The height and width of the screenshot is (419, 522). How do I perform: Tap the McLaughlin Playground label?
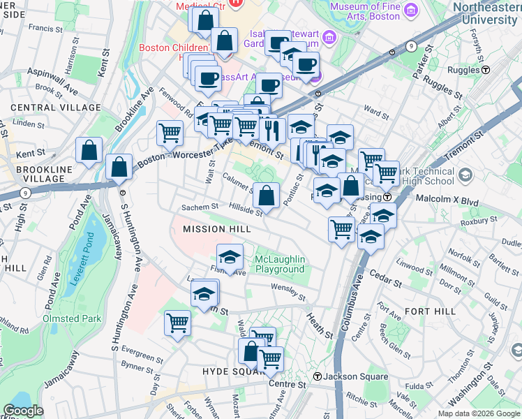click(280, 264)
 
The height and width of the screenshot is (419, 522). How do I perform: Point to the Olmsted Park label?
click(73, 318)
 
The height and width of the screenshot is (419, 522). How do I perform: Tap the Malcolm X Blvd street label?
click(451, 201)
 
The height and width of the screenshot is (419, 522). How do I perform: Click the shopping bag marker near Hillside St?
click(266, 196)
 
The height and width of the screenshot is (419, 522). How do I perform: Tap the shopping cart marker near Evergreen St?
click(178, 323)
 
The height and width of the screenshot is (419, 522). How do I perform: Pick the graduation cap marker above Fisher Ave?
click(230, 256)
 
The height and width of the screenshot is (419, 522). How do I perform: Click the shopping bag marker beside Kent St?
click(89, 149)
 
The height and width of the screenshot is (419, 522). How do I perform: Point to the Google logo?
click(23, 411)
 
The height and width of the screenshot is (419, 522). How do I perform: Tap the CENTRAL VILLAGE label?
click(56, 108)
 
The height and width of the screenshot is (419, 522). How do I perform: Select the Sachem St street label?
click(200, 207)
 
